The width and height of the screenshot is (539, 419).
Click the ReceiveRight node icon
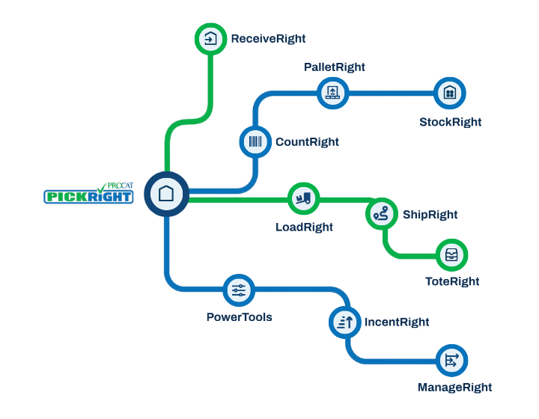point(210,39)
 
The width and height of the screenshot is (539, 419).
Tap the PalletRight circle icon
point(332,93)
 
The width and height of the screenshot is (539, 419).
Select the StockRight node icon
point(450,93)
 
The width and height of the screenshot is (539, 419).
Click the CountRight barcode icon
point(255,141)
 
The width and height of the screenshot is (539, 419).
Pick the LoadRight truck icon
point(304,198)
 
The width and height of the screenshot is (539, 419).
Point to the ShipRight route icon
point(381,214)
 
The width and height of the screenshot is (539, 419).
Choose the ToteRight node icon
point(451,255)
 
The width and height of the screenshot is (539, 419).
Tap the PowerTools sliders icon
point(239,290)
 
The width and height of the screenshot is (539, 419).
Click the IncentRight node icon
point(345,322)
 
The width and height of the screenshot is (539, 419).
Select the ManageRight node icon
point(451,361)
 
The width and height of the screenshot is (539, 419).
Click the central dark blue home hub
point(166,194)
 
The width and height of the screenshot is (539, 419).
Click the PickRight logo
point(89,196)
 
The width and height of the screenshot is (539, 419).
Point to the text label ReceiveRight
point(268,39)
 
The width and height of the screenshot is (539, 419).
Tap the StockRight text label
point(450,122)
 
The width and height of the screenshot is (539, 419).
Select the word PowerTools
point(239,317)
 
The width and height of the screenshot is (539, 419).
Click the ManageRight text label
point(454,388)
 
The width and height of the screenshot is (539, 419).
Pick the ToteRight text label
point(451,282)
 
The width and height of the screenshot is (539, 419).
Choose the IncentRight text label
point(397,322)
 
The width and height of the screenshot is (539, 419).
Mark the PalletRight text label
point(334,67)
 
